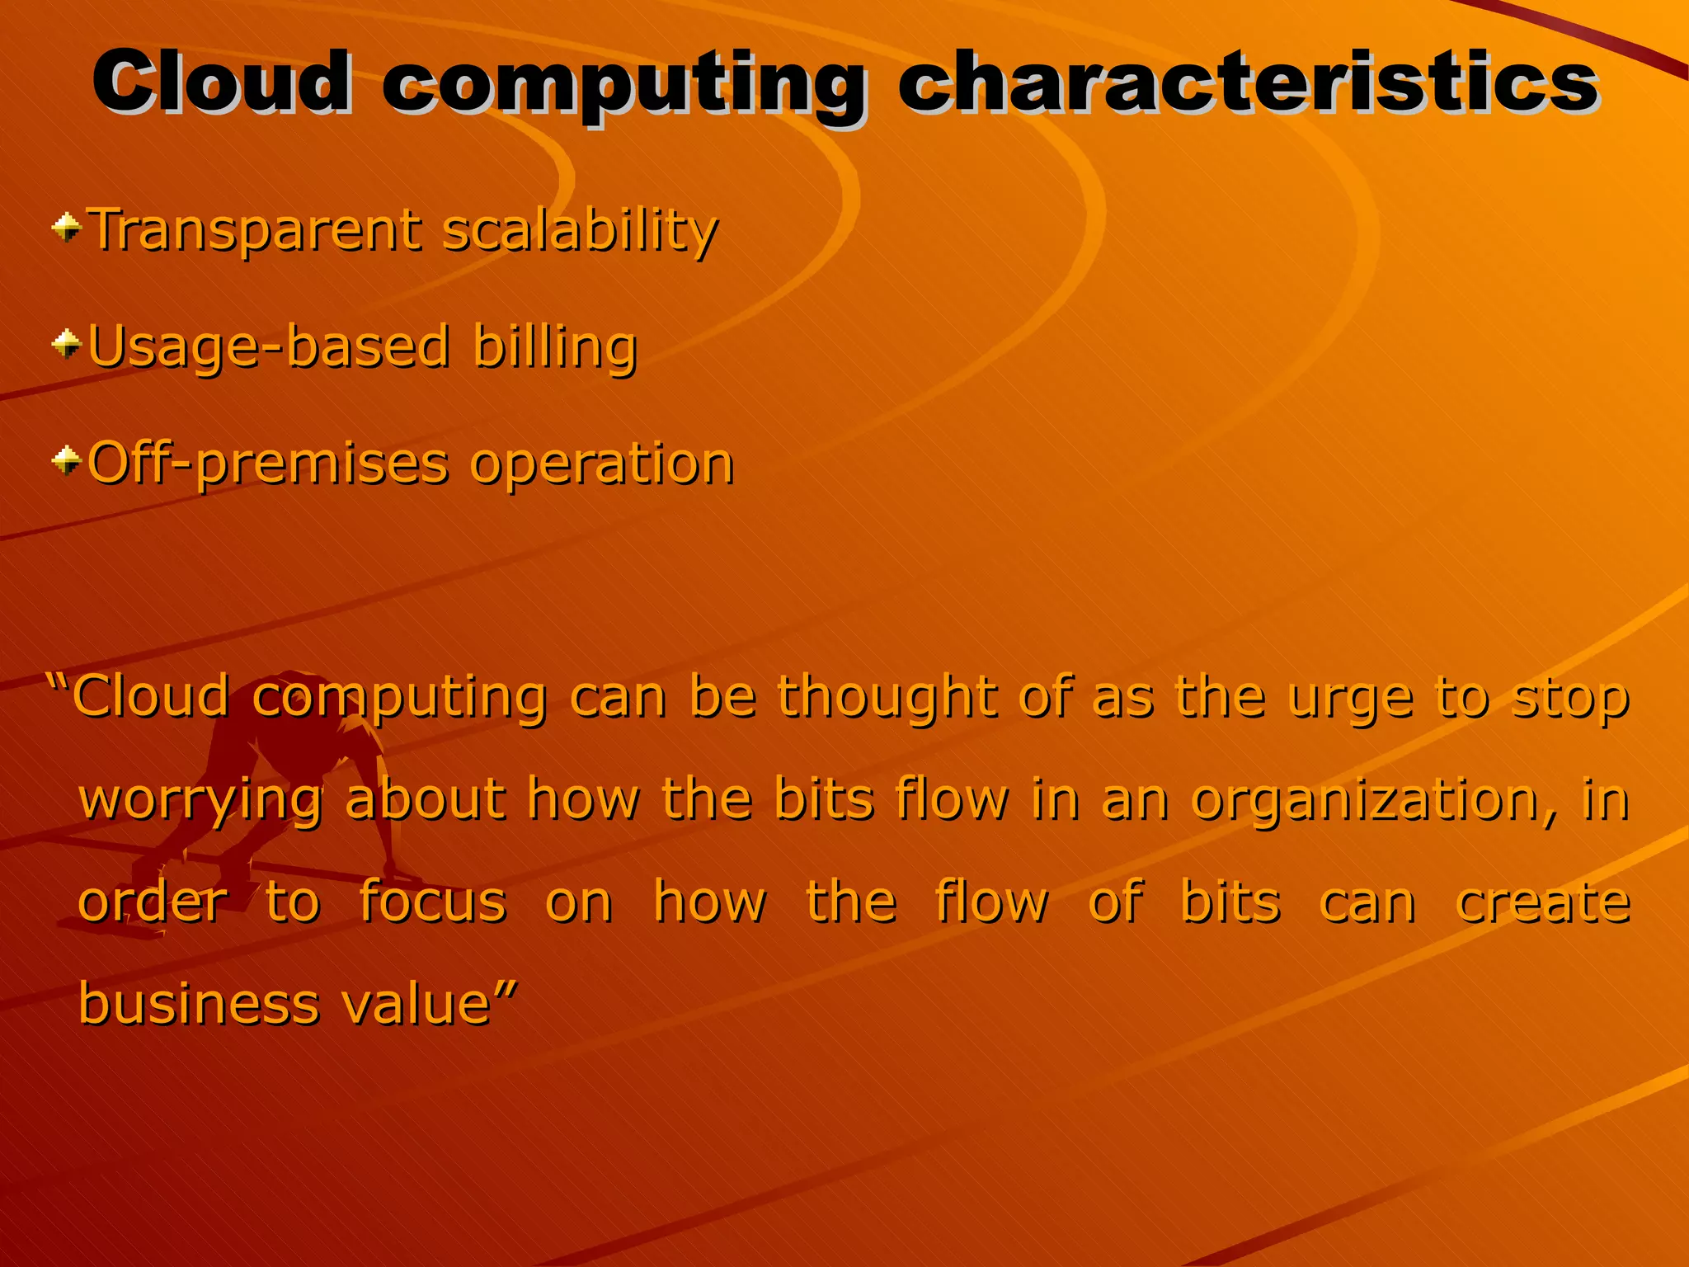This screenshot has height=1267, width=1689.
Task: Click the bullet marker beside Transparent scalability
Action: click(x=67, y=226)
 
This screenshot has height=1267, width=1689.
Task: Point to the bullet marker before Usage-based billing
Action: click(x=67, y=342)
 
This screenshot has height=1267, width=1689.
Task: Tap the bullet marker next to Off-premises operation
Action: click(x=67, y=459)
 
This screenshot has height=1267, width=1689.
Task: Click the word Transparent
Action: click(x=255, y=230)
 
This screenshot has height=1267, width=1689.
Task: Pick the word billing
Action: click(x=555, y=347)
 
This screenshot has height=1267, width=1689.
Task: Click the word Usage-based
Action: click(x=269, y=347)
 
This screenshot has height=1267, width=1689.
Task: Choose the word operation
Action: click(x=601, y=464)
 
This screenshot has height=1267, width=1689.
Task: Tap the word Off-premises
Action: click(x=268, y=464)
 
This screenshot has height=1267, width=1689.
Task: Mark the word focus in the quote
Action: click(x=432, y=902)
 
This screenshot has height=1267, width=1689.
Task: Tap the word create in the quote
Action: click(x=1542, y=902)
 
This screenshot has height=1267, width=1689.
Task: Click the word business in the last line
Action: click(x=198, y=1004)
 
